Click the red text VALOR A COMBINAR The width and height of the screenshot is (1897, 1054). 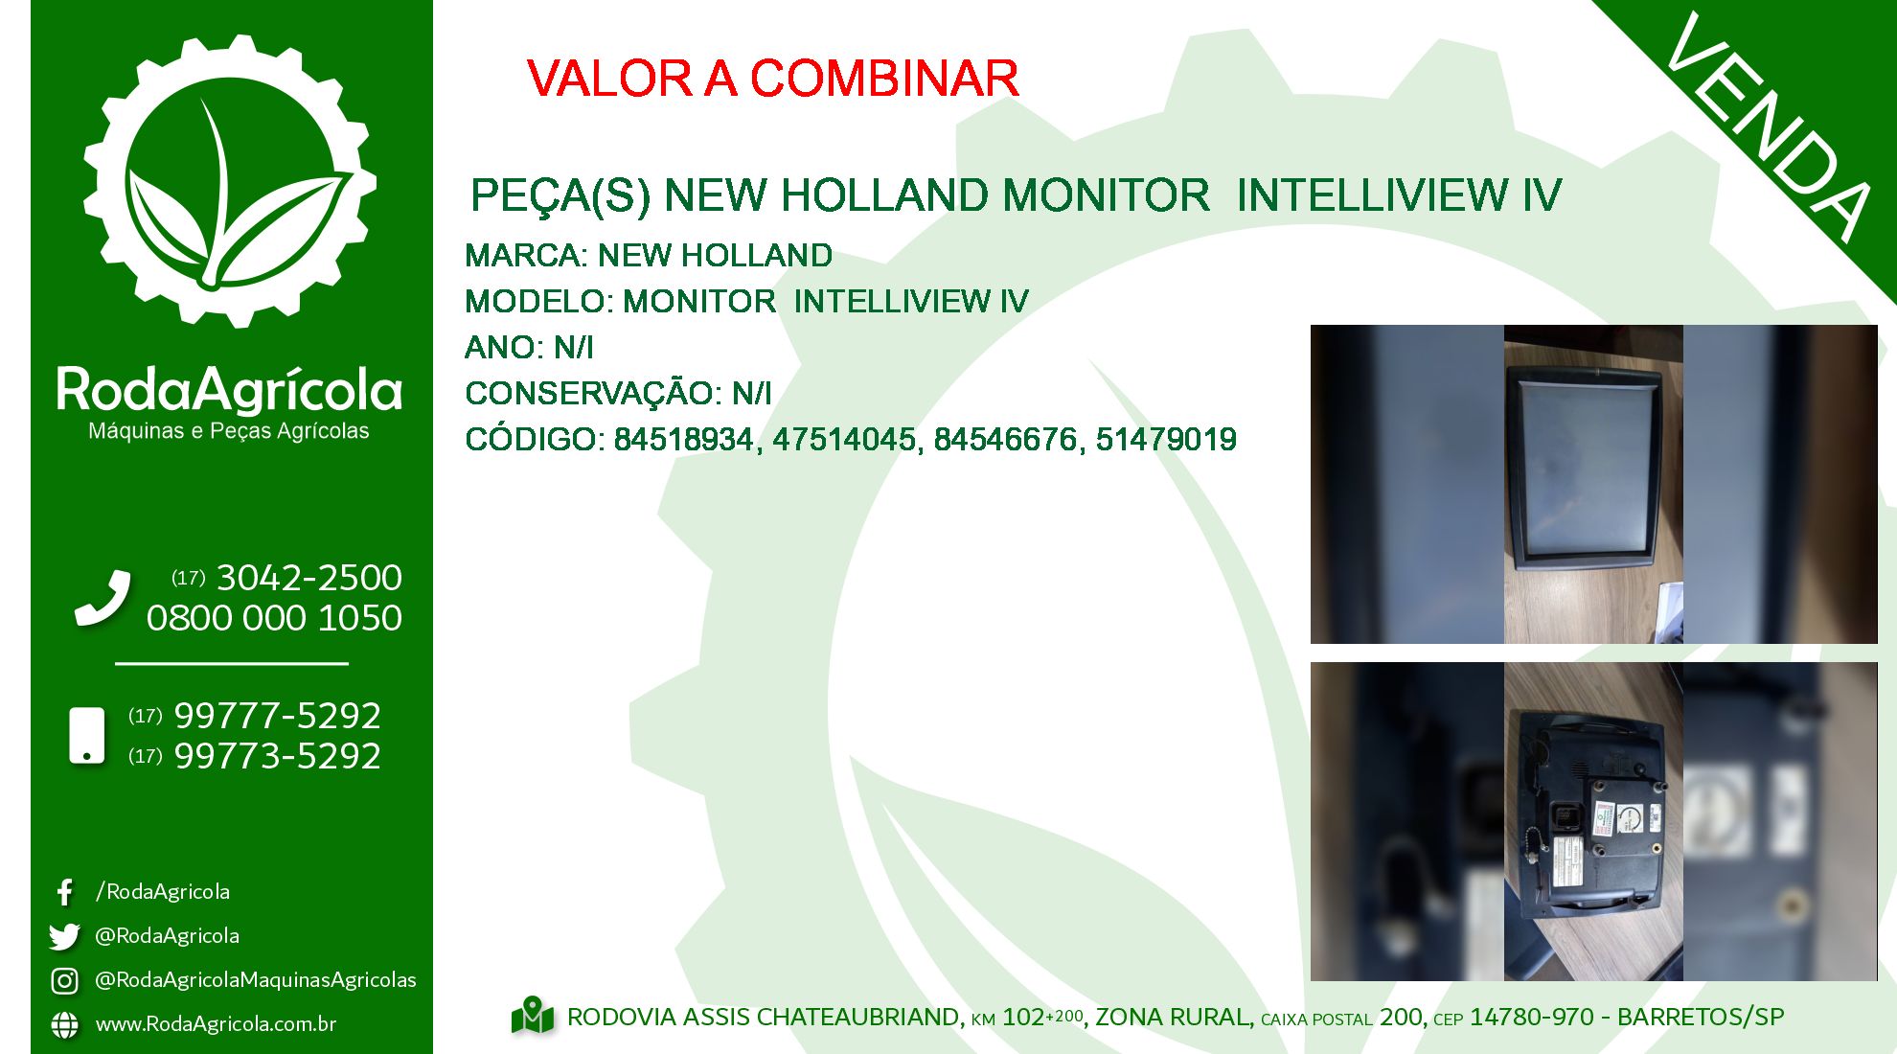tap(772, 79)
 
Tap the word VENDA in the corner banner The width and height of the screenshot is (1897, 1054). tap(1768, 126)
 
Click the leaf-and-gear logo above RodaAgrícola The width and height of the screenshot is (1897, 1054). tap(230, 181)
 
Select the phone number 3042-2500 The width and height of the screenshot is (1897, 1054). tap(309, 578)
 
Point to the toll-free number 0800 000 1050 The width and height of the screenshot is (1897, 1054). tap(274, 618)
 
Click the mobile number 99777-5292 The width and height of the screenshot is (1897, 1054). tap(277, 716)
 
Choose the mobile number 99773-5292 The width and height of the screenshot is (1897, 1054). tap(277, 756)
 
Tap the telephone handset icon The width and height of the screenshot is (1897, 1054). tap(103, 598)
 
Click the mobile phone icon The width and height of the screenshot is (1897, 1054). tap(87, 736)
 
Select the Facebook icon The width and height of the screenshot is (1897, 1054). tap(64, 892)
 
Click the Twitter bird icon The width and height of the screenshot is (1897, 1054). tap(64, 936)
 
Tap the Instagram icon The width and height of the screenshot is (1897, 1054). tap(64, 980)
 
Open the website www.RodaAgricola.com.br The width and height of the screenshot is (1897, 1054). tap(216, 1024)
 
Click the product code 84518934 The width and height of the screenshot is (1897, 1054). tap(683, 440)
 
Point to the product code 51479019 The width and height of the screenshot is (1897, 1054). tap(1166, 440)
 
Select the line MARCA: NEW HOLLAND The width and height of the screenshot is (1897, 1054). tap(649, 256)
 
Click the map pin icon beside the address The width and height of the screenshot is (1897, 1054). tap(533, 1016)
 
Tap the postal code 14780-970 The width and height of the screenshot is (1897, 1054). tap(1532, 1017)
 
